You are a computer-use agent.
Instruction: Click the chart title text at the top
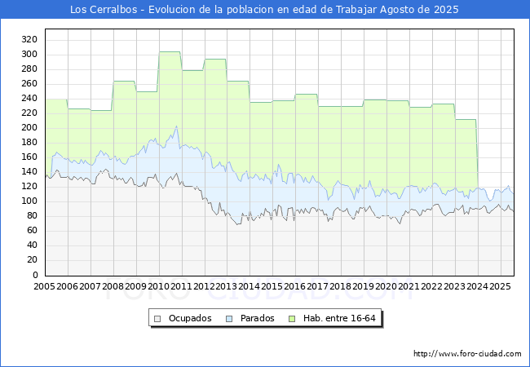coord(264,10)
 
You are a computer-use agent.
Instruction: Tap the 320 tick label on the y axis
coord(29,39)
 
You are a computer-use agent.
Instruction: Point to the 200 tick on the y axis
coord(29,128)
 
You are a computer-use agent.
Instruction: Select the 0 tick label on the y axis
coord(35,275)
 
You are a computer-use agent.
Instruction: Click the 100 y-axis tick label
coord(29,201)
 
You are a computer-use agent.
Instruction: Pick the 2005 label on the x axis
coord(44,286)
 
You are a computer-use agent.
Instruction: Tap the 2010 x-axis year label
coord(158,286)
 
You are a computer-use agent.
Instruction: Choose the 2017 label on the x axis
coord(318,286)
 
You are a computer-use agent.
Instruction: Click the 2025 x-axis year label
coord(501,286)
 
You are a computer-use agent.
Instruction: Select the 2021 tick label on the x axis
coord(409,286)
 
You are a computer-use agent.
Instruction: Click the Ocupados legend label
coord(190,318)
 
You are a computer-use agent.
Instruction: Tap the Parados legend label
coord(257,318)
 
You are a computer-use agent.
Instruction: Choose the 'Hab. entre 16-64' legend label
coord(339,318)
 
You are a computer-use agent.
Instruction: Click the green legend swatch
coord(292,319)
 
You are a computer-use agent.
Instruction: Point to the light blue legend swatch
coord(229,319)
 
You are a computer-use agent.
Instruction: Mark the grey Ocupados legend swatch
coord(157,319)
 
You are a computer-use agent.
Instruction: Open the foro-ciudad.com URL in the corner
coord(467,354)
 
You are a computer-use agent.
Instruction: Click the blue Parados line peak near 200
coord(176,126)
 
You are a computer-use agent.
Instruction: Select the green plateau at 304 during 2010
coord(170,52)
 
